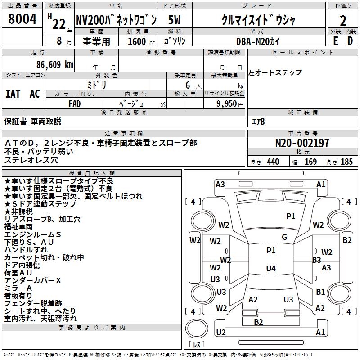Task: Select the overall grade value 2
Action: (x=343, y=21)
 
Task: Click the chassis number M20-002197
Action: (x=302, y=143)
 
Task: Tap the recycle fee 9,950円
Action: (x=229, y=103)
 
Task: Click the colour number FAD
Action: (x=75, y=103)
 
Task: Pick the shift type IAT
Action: (x=13, y=94)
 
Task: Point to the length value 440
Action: (x=273, y=162)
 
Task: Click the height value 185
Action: (x=346, y=162)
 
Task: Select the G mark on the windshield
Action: (x=284, y=237)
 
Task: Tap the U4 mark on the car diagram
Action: (x=270, y=269)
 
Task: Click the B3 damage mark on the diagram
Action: (x=316, y=260)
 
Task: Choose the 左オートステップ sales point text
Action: (x=274, y=72)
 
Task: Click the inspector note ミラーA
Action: (x=18, y=288)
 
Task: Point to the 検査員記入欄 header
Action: (x=92, y=173)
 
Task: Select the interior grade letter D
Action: (x=350, y=41)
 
